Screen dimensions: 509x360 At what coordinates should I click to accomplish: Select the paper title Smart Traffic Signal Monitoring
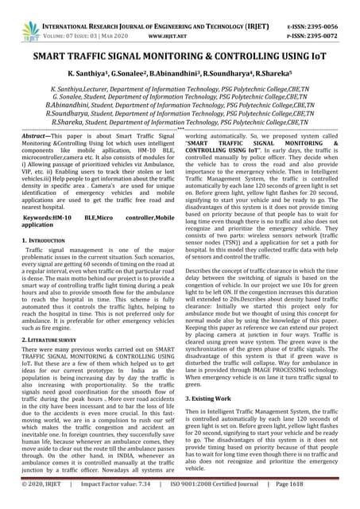(x=180, y=58)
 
